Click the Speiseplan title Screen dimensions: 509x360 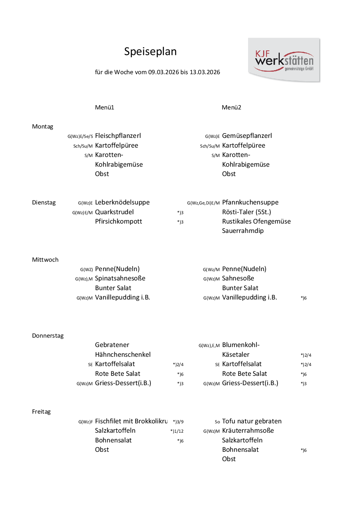coord(150,51)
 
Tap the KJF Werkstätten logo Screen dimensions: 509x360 coord(284,60)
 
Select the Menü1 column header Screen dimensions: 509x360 coord(104,107)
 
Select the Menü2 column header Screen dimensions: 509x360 coord(231,107)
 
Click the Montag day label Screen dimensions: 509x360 coord(42,126)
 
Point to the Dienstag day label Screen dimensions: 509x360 coord(44,202)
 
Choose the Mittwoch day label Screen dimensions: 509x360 coord(45,260)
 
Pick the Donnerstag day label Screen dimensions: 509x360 coord(48,335)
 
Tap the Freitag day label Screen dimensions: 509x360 coord(41,411)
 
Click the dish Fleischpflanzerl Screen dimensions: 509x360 coord(118,136)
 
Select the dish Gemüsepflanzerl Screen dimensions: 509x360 coord(247,136)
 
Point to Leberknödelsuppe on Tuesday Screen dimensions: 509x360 coord(122,202)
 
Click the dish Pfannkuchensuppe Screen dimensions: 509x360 coord(250,202)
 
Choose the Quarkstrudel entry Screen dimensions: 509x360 coord(114,212)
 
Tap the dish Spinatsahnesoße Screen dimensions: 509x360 coord(120,278)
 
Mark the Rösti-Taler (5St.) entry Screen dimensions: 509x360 coord(247,212)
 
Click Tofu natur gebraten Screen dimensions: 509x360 coord(252,421)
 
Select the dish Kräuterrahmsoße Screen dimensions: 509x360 coord(248,431)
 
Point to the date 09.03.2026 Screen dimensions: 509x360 coord(164,72)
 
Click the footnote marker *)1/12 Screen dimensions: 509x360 coord(177,431)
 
